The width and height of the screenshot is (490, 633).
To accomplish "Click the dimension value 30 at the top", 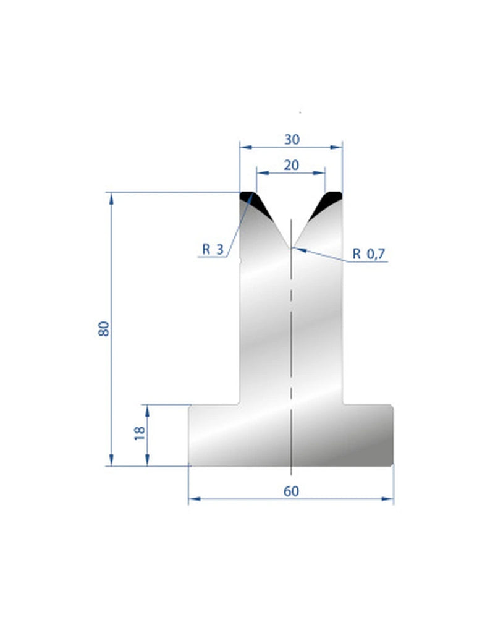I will click(x=292, y=140).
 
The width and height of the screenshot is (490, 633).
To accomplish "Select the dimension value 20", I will click(x=292, y=165).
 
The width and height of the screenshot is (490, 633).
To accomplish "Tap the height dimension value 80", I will click(x=104, y=328).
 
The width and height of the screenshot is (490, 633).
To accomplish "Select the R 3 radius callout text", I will click(x=212, y=250).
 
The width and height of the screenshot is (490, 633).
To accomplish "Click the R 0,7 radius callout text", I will click(x=370, y=253).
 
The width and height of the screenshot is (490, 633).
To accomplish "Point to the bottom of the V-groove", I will click(x=291, y=247).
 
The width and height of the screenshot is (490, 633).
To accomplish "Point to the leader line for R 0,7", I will click(x=321, y=255).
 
